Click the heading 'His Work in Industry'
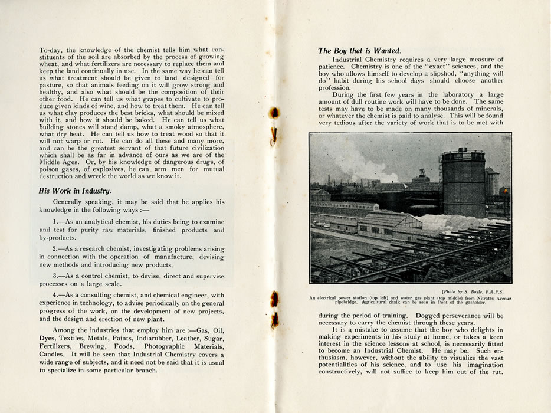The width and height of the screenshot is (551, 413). (x=74, y=190)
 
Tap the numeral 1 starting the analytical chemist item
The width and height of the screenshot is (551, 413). (x=54, y=221)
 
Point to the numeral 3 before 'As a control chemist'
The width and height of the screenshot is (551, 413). (x=54, y=276)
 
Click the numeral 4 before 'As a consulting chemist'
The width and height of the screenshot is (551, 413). (x=54, y=295)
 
